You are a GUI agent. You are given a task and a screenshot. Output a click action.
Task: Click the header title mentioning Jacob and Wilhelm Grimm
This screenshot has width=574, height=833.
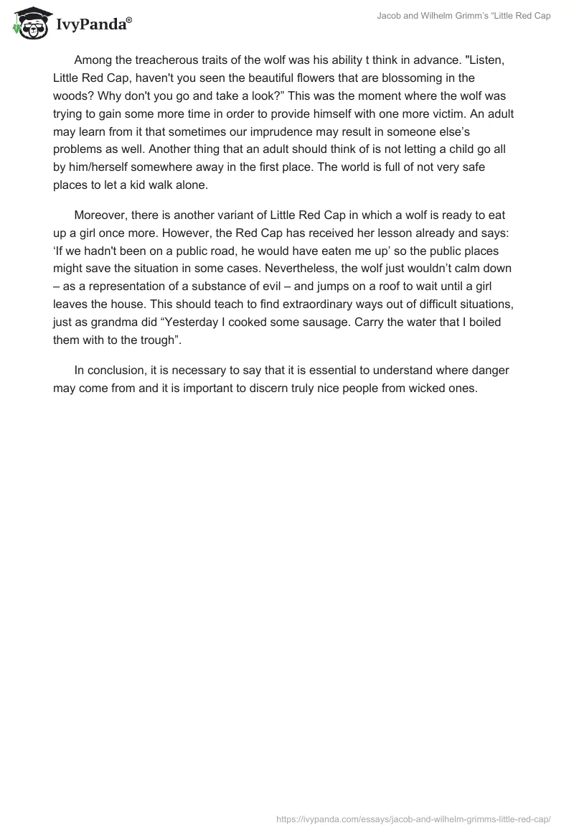point(464,16)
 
